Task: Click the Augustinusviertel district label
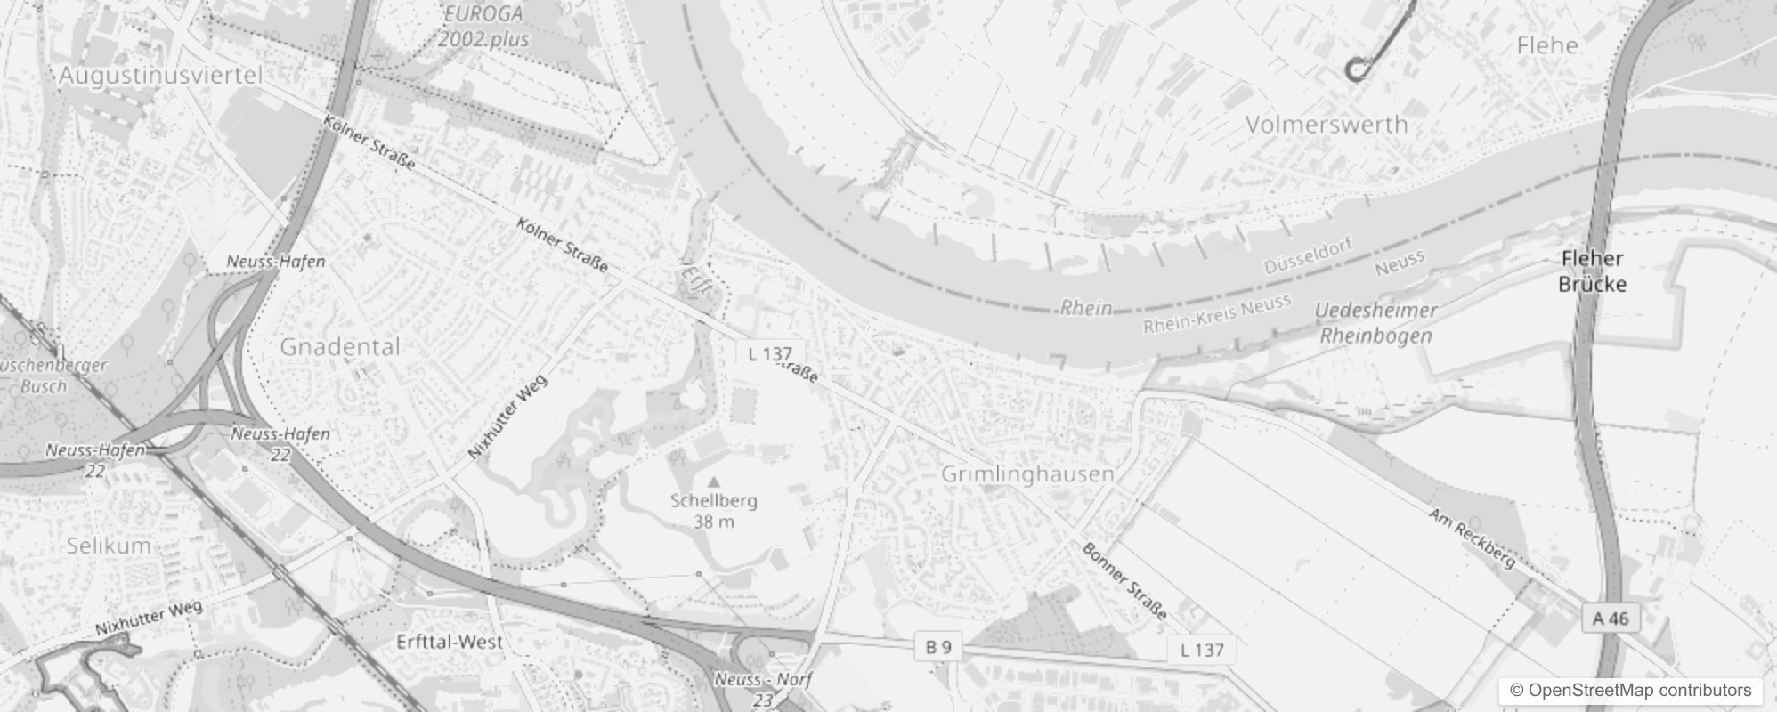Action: [x=160, y=76]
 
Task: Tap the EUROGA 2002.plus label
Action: [x=483, y=27]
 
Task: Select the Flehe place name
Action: [x=1547, y=45]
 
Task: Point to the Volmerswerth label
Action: [x=1326, y=125]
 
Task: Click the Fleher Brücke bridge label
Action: [x=1592, y=271]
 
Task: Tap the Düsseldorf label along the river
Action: [x=1308, y=255]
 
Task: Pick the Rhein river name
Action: [x=1085, y=308]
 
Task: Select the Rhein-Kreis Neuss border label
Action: [x=1217, y=313]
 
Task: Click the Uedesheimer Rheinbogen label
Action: [x=1376, y=323]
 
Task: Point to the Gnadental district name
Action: [x=340, y=347]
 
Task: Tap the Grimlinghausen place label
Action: [x=1027, y=474]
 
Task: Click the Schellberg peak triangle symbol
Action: [x=713, y=481]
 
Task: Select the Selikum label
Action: [x=109, y=546]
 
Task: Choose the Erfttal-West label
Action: [x=450, y=642]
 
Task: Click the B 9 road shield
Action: [x=938, y=648]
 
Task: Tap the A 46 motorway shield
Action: [x=1611, y=619]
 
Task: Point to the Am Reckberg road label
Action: [x=1471, y=538]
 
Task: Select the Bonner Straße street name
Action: [x=1124, y=580]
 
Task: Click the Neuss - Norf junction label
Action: [x=763, y=680]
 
